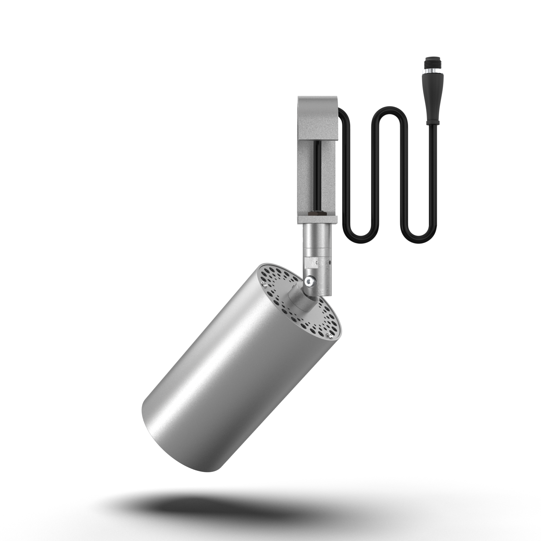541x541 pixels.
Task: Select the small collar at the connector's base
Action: [432, 123]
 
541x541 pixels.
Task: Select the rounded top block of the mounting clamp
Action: [318, 115]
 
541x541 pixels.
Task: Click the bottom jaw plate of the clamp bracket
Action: [318, 219]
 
